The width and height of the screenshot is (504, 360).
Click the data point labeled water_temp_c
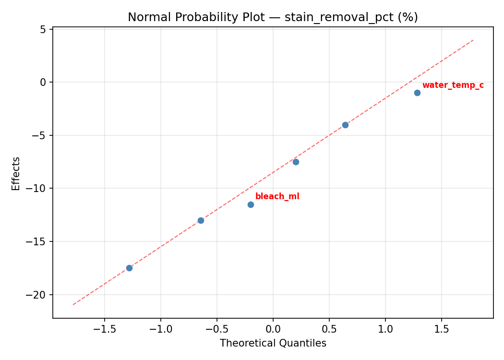417,93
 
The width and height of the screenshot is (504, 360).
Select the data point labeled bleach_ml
251,204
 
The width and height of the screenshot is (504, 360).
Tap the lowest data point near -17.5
129,268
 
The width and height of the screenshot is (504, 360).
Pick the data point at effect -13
201,220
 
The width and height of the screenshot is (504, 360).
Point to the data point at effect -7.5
296,162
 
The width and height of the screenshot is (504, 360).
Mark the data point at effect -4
345,125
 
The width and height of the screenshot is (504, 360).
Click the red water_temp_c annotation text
453,85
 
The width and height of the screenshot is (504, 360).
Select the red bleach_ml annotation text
277,196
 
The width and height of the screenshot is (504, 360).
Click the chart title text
273,17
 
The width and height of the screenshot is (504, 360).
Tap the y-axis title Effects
16,173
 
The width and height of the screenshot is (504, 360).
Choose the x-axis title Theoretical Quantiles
273,343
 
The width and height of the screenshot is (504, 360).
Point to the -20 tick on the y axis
38,295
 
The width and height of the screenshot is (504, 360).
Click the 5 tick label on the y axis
43,29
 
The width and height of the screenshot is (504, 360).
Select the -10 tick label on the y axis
38,189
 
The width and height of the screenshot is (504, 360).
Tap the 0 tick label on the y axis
43,83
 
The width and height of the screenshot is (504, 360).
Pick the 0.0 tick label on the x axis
273,329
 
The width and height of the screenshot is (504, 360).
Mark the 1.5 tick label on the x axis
442,329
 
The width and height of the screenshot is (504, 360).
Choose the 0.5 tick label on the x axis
329,329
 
